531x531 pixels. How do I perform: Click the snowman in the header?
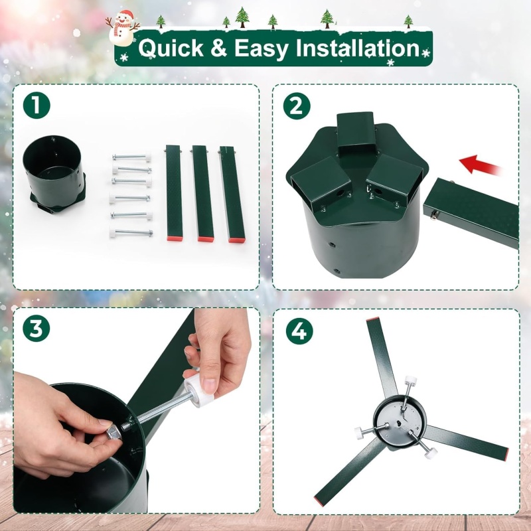click(122, 29)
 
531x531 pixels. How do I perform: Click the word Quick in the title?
click(171, 48)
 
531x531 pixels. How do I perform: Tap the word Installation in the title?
click(358, 47)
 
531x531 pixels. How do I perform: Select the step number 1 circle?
click(37, 106)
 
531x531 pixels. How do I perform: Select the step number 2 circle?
click(297, 106)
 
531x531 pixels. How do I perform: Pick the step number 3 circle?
click(37, 328)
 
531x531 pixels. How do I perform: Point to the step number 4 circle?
click(299, 331)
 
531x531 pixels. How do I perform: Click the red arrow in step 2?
click(479, 165)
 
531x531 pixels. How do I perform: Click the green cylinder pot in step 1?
click(54, 174)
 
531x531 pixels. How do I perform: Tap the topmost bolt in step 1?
click(131, 157)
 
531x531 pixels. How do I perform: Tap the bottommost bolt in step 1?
click(131, 233)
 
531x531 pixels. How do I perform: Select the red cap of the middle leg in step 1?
click(206, 239)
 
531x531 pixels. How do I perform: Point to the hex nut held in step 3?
click(114, 433)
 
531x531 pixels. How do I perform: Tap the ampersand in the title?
click(218, 47)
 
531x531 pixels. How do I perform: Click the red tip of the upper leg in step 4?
click(373, 319)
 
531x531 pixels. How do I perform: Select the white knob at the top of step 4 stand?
click(410, 380)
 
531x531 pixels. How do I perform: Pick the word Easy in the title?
click(262, 48)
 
